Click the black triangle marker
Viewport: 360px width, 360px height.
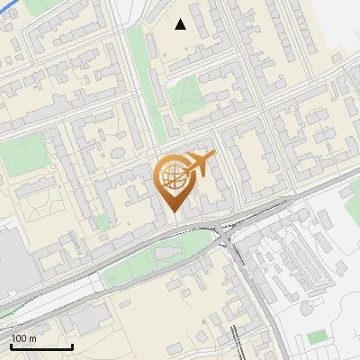point(181,24)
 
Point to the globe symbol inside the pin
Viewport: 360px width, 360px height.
point(171,175)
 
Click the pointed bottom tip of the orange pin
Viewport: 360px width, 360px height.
point(173,212)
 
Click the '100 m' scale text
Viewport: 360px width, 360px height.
point(24,337)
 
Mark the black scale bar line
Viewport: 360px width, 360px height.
point(41,346)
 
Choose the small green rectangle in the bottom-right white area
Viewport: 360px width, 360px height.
point(317,337)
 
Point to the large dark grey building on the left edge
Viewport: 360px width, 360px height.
point(13,256)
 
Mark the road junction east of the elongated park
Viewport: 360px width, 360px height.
point(225,236)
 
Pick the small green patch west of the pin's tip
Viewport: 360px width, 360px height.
point(103,221)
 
